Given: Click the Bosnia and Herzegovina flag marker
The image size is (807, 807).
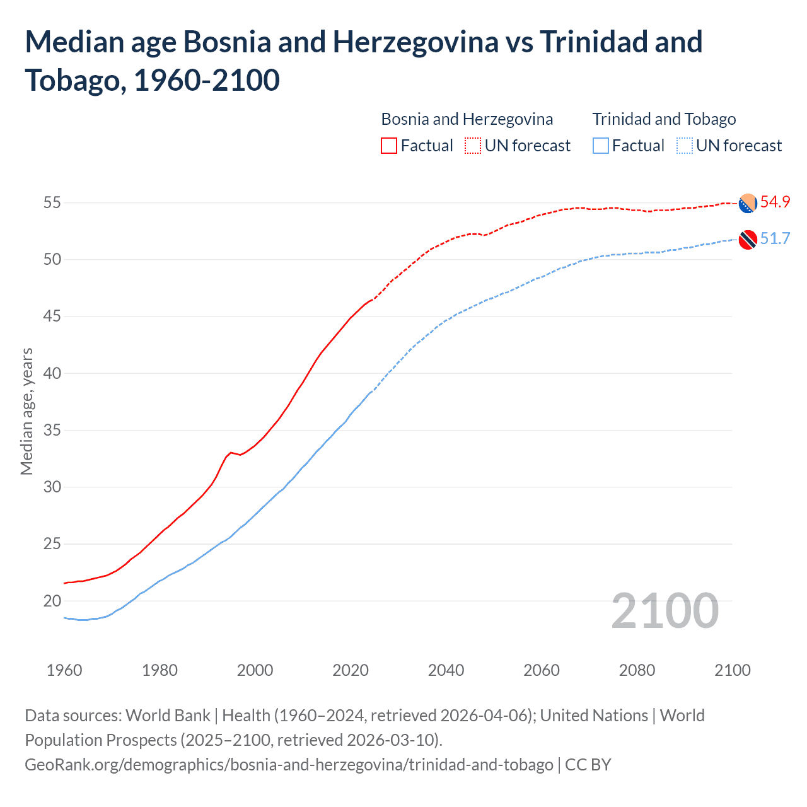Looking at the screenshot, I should (x=748, y=203).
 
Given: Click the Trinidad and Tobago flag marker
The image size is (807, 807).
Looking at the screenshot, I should (x=748, y=240).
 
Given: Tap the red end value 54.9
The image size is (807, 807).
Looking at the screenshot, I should (x=775, y=202).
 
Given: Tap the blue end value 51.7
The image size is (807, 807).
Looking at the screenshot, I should (x=775, y=239).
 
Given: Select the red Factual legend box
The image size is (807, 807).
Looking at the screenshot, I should (x=389, y=146).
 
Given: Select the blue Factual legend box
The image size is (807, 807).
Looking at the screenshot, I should (x=601, y=146).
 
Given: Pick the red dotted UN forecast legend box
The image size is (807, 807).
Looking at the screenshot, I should (x=473, y=146).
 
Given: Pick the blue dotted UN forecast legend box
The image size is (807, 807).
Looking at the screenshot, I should (x=685, y=146).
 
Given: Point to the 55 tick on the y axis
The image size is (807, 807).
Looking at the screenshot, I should (x=52, y=203).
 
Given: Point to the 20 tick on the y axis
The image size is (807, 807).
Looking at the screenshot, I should (x=52, y=601).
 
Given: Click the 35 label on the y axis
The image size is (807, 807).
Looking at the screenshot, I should (x=52, y=431).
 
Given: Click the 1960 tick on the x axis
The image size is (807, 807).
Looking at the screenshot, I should (x=64, y=670).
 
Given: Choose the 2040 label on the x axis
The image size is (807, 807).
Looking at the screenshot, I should (x=446, y=670).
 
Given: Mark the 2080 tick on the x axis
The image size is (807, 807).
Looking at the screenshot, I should (x=637, y=670).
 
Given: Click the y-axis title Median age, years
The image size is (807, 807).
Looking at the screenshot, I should (x=27, y=411).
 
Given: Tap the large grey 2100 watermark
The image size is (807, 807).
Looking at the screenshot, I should (x=665, y=611).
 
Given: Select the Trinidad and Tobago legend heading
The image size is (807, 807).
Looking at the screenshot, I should (x=664, y=119).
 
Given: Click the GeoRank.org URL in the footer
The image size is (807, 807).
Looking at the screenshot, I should (x=289, y=765).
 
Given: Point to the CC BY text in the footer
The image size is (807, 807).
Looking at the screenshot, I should (x=588, y=765).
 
